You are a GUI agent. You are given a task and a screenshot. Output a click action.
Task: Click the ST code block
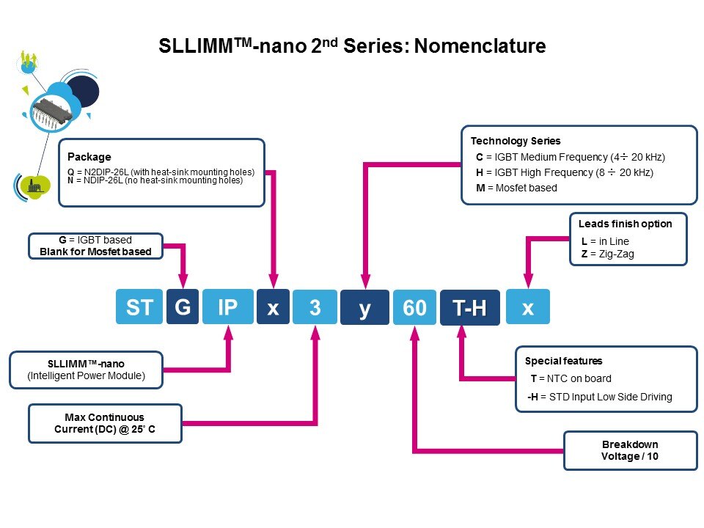[139, 307]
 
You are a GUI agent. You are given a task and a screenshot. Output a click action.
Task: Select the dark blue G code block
[183, 307]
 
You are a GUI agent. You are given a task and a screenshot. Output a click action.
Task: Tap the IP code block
[227, 307]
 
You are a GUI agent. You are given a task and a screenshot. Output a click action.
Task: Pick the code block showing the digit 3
[315, 307]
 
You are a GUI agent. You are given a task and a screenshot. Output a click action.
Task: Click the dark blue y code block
[364, 307]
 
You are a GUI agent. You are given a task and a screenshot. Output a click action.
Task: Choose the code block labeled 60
[414, 307]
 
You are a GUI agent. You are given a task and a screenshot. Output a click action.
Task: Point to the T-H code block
[469, 307]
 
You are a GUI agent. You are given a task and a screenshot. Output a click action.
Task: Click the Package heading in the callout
[89, 156]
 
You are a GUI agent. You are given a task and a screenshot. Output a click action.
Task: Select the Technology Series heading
[516, 141]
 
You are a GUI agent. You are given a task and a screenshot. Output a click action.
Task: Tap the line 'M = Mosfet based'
[516, 188]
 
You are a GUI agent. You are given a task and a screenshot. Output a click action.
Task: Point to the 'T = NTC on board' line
[571, 378]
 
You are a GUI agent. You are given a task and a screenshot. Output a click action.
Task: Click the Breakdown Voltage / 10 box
[630, 451]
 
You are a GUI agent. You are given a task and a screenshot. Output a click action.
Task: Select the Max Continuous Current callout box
[105, 423]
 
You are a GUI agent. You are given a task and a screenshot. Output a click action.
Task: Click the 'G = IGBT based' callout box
[95, 246]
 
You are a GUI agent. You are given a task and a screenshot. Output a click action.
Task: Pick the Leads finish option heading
[625, 224]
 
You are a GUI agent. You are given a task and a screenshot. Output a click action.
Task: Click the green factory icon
[33, 186]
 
